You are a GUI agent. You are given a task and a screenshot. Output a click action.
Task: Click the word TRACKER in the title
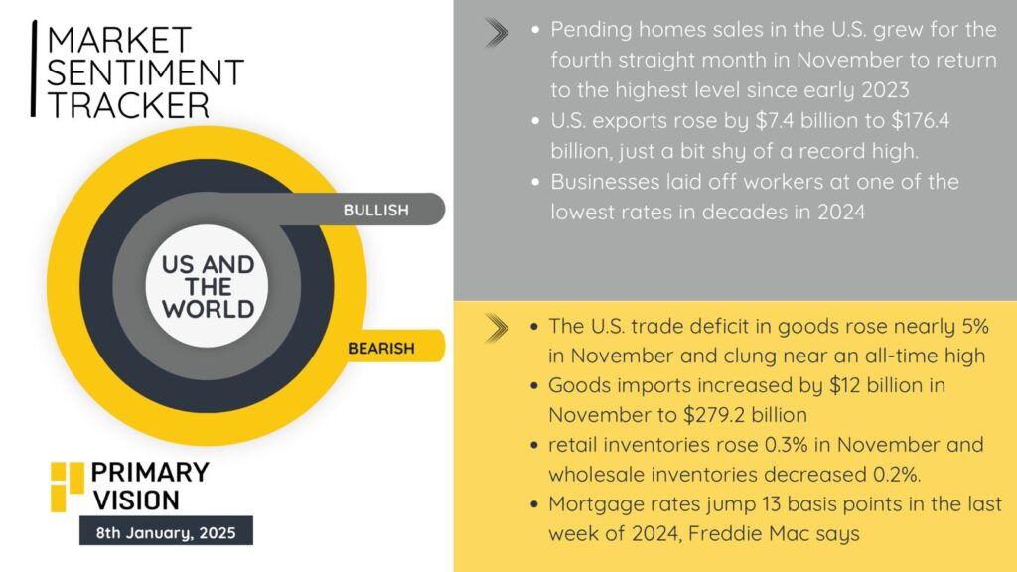pyautogui.click(x=128, y=105)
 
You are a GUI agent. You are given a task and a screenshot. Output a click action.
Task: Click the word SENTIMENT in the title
pyautogui.click(x=145, y=72)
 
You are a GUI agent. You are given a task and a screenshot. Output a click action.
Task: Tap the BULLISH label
pyautogui.click(x=376, y=211)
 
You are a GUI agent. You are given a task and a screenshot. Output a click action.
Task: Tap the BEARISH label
pyautogui.click(x=381, y=349)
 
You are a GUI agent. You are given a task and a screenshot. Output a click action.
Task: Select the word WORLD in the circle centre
pyautogui.click(x=209, y=309)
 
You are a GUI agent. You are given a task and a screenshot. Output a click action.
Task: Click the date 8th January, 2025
pyautogui.click(x=166, y=533)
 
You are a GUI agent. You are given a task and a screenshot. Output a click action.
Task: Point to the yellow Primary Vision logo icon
pyautogui.click(x=68, y=487)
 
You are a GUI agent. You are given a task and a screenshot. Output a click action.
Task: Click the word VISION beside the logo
pyautogui.click(x=135, y=500)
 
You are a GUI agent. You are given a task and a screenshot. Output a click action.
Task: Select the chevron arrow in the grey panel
pyautogui.click(x=497, y=33)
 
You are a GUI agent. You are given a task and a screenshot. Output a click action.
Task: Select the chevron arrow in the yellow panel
pyautogui.click(x=497, y=328)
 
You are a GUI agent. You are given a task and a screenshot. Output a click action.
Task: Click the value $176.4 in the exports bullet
pyautogui.click(x=921, y=120)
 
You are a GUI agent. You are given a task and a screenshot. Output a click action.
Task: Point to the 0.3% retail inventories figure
pyautogui.click(x=787, y=445)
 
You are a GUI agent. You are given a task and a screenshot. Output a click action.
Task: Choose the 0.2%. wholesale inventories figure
pyautogui.click(x=897, y=474)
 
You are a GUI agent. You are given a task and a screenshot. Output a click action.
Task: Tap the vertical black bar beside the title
pyautogui.click(x=34, y=69)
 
